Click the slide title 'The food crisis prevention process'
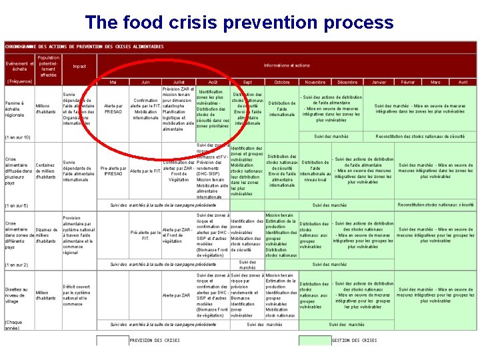[x=239, y=23]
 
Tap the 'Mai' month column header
[x=113, y=82]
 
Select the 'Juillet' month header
[x=178, y=82]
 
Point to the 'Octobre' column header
[x=282, y=82]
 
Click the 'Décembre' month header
[x=347, y=82]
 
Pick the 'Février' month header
[x=407, y=82]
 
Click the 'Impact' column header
[x=79, y=66]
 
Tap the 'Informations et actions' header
[x=287, y=65]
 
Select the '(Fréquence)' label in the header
[x=19, y=81]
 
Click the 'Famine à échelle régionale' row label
[x=16, y=109]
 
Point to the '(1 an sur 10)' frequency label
[x=18, y=137]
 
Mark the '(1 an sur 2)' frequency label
[x=17, y=265]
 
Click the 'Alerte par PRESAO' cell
[x=113, y=109]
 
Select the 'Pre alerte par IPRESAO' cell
[x=113, y=171]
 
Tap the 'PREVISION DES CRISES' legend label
[x=154, y=340]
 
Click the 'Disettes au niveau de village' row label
[x=16, y=295]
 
